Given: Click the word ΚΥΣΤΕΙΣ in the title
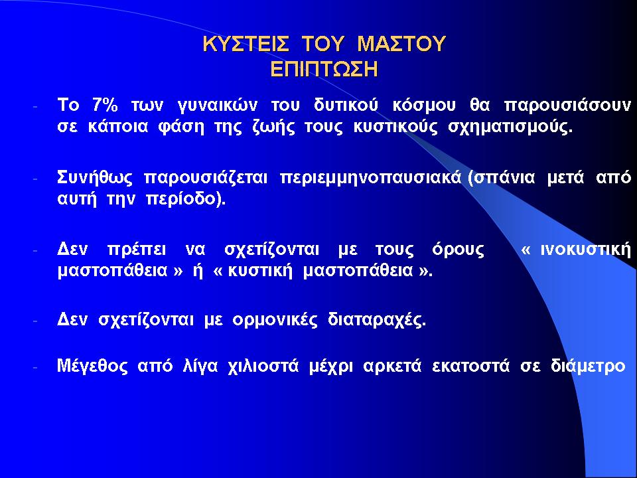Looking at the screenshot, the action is (x=246, y=44).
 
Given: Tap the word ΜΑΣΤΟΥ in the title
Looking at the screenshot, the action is (x=401, y=44).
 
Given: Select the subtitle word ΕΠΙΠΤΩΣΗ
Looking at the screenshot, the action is (x=324, y=69).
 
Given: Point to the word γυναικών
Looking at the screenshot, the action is (x=218, y=106).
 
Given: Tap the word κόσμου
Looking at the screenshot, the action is (x=424, y=106).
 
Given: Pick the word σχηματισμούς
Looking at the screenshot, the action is (x=510, y=127).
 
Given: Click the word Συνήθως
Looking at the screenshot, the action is (x=95, y=179).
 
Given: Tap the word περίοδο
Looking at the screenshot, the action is (x=180, y=200).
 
